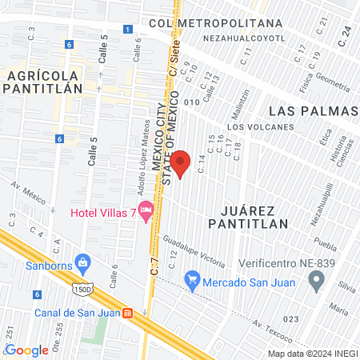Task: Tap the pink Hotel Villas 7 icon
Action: point(146,211)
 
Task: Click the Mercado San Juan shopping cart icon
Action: point(191,281)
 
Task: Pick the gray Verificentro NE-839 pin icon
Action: point(317,281)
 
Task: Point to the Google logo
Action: point(26,350)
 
